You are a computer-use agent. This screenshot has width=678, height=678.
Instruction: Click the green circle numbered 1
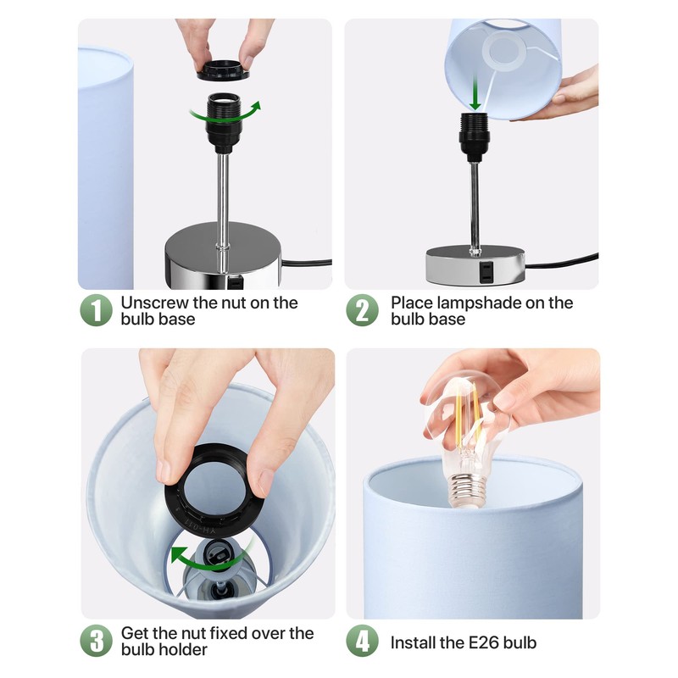click(x=96, y=310)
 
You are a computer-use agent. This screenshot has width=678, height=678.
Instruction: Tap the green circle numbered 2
click(x=363, y=310)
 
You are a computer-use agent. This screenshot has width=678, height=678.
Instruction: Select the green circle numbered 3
click(x=96, y=641)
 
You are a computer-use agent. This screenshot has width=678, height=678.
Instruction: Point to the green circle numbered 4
click(x=363, y=641)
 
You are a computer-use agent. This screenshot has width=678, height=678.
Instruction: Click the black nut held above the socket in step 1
click(x=224, y=70)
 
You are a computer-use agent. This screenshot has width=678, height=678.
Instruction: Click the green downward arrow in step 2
click(x=475, y=92)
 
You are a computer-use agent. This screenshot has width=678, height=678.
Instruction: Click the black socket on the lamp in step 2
click(x=475, y=137)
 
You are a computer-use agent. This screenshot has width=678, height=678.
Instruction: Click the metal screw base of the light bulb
click(x=466, y=490)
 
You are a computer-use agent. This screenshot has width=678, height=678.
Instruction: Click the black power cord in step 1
click(x=306, y=262)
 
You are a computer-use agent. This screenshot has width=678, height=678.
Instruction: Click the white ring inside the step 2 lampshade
click(x=503, y=52)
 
